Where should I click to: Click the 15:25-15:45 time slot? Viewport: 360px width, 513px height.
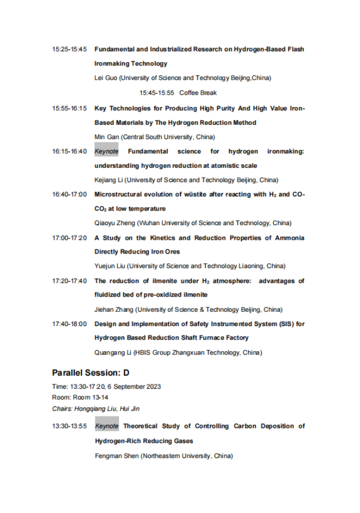[69, 50]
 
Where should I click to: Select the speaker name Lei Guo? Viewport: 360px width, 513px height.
[106, 78]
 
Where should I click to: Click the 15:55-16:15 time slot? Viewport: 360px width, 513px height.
[69, 108]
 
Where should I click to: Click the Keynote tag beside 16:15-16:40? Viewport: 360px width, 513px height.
[106, 151]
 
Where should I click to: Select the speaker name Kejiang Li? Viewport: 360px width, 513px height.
[110, 180]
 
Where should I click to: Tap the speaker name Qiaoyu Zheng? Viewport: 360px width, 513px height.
[115, 222]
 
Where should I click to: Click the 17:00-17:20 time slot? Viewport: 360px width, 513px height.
[69, 238]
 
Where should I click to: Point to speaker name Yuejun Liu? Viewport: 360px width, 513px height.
[111, 266]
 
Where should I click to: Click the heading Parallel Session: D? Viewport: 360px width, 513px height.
[91, 373]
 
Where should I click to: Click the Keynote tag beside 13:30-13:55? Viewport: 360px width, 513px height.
[106, 426]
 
